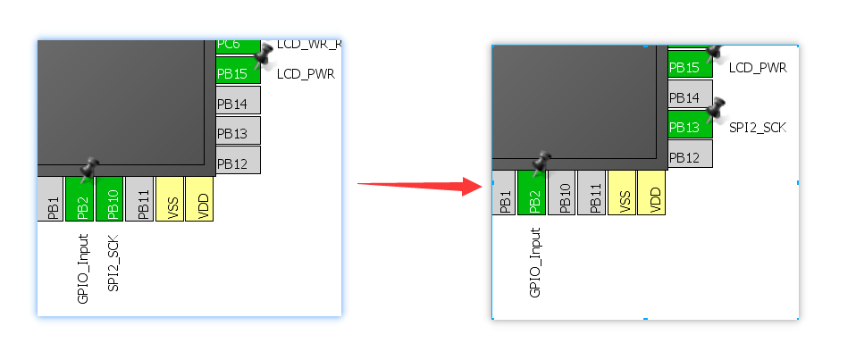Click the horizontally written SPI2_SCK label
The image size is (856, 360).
[x=757, y=128]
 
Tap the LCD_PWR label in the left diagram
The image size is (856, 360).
[x=305, y=74]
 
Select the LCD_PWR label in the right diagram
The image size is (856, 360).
[x=757, y=68]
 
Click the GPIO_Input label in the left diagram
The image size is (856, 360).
[x=83, y=269]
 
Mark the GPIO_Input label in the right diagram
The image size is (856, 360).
[x=535, y=263]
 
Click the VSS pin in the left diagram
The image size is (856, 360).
[x=170, y=198]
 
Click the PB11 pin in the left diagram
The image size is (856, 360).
[x=139, y=198]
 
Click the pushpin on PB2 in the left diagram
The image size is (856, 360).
[x=89, y=166]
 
